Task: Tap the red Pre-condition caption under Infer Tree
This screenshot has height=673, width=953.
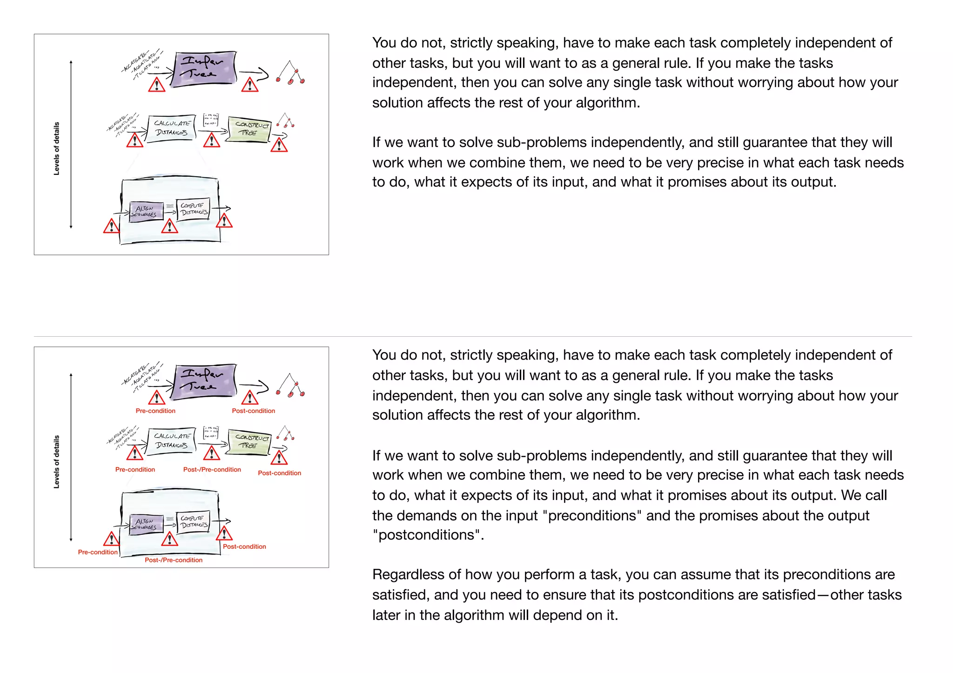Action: click(x=155, y=411)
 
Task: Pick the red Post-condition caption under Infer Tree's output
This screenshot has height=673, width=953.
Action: click(x=253, y=411)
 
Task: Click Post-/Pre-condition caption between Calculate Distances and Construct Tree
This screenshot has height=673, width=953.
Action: click(x=212, y=470)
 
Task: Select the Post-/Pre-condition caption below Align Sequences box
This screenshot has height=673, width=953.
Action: click(x=174, y=560)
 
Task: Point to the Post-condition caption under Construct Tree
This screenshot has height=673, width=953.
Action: click(x=279, y=473)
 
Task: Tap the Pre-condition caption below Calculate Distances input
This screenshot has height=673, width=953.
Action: click(x=135, y=470)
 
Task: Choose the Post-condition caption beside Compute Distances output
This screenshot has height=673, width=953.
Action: click(x=244, y=547)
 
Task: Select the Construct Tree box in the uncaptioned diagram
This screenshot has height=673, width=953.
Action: click(x=250, y=129)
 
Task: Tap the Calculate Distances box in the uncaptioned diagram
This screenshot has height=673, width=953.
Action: click(x=172, y=128)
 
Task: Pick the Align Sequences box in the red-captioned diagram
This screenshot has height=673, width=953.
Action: click(x=146, y=524)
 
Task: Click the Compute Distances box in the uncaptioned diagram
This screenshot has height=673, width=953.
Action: click(x=194, y=209)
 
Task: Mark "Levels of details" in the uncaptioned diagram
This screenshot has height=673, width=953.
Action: click(x=57, y=149)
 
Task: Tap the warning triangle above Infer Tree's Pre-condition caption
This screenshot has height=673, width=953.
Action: click(x=157, y=398)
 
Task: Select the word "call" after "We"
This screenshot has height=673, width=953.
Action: click(x=877, y=496)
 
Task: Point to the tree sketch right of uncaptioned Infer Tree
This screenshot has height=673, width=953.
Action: click(x=290, y=73)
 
